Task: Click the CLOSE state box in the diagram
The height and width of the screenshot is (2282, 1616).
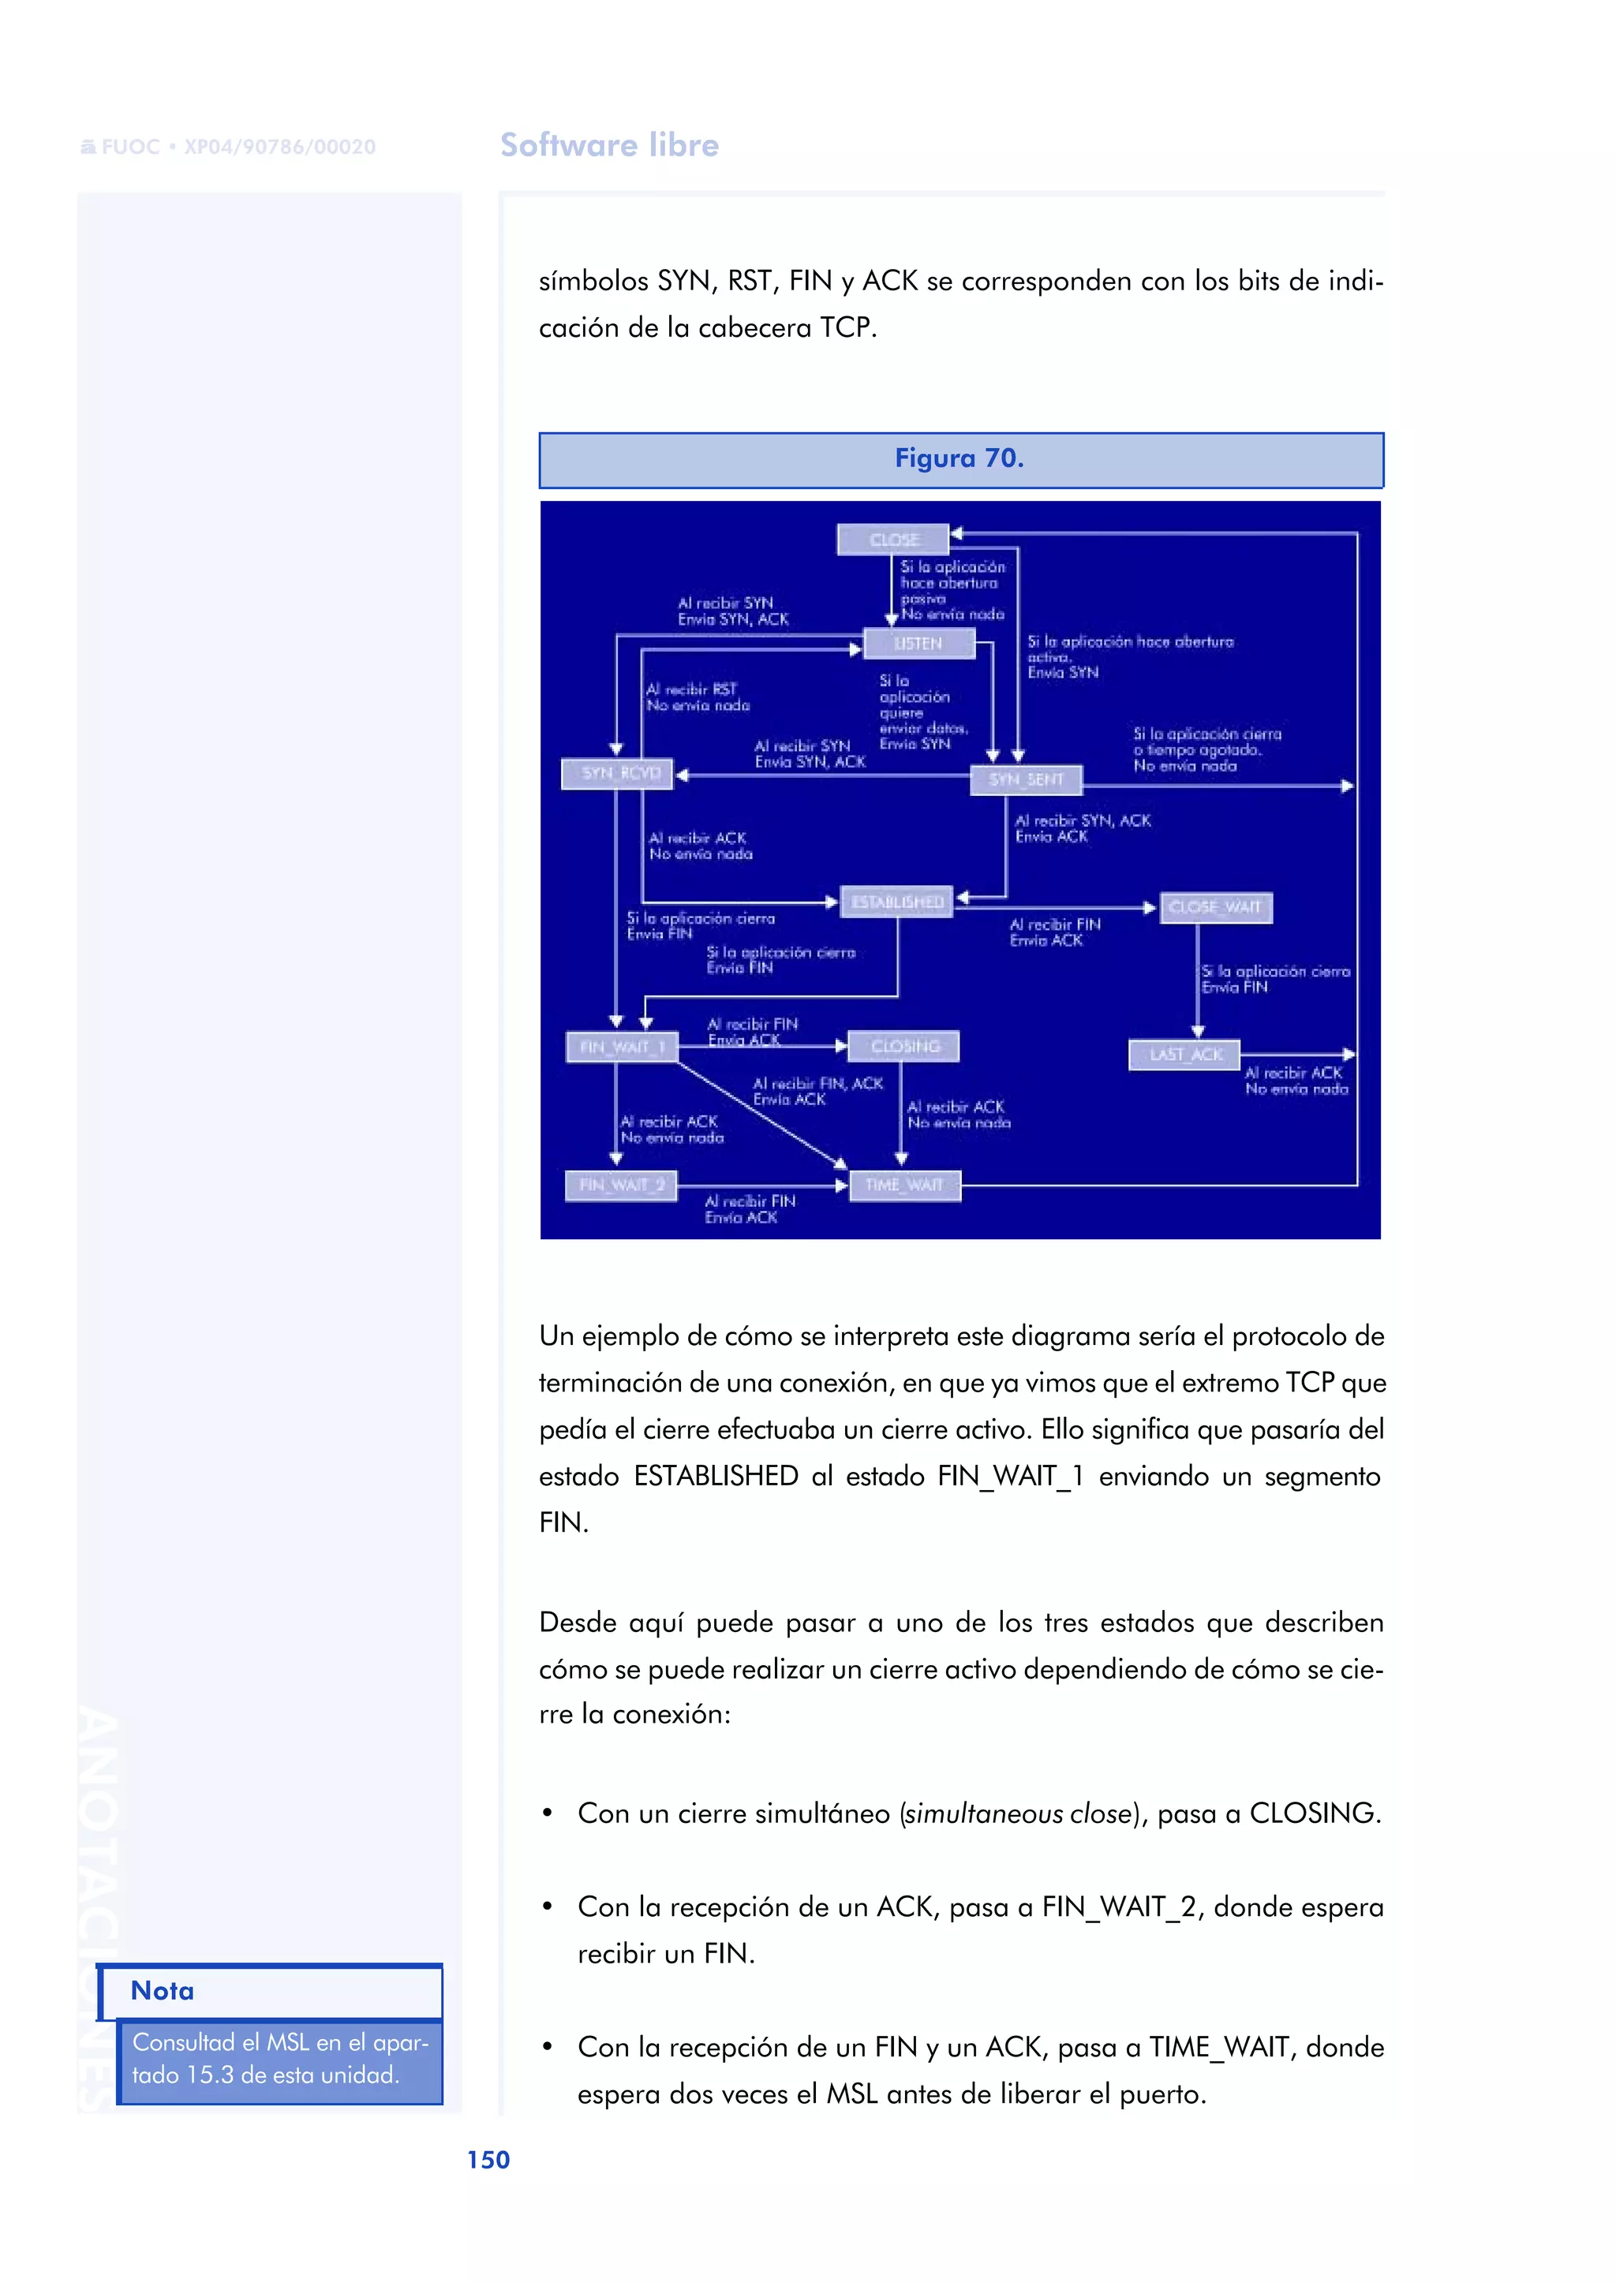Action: [x=892, y=540]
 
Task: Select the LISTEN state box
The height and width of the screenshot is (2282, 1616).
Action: [x=918, y=644]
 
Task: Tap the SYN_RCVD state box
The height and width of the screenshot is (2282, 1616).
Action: [x=618, y=773]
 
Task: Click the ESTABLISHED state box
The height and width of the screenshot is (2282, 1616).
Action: [x=896, y=902]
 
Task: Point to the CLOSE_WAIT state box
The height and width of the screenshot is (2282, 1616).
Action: [x=1215, y=907]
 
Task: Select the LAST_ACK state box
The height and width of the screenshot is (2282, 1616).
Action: [x=1184, y=1055]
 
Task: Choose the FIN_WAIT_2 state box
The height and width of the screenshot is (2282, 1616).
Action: [x=622, y=1185]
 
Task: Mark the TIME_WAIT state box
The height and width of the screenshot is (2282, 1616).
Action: [x=904, y=1185]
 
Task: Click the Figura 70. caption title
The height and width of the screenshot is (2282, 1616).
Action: [x=959, y=458]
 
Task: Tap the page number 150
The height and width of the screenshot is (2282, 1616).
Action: [x=488, y=2160]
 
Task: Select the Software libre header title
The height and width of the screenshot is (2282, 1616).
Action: [x=609, y=145]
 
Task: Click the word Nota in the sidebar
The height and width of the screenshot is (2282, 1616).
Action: [x=163, y=1990]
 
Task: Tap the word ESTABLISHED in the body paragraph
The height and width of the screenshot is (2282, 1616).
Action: [x=716, y=1476]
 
